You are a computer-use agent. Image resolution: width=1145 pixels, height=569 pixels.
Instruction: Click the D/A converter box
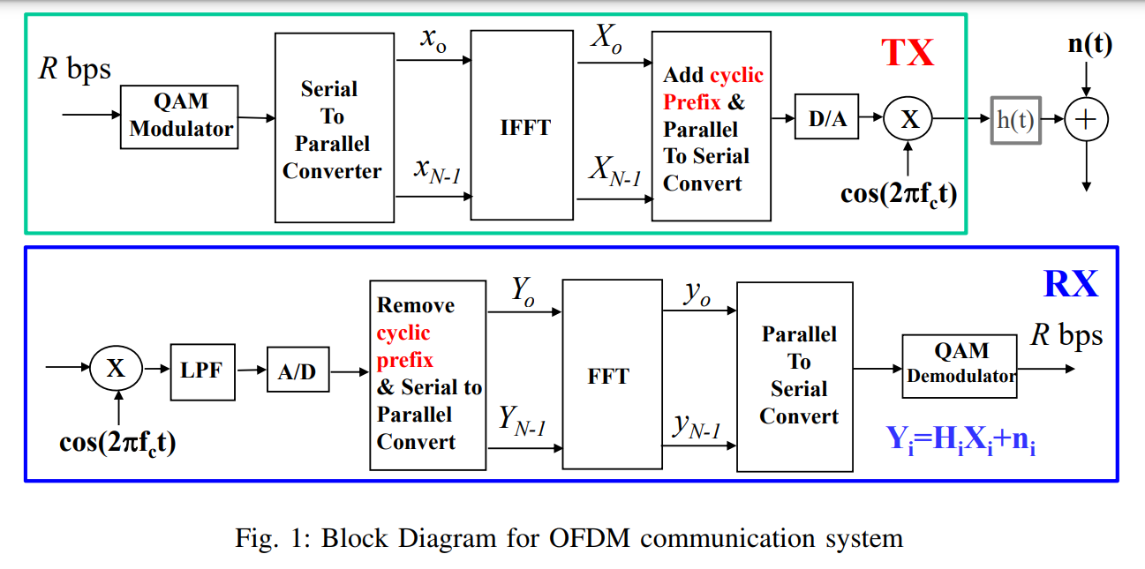[x=827, y=119]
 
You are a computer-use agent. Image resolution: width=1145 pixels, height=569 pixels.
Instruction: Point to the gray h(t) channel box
[x=1015, y=119]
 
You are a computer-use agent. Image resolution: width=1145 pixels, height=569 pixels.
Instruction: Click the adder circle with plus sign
[x=1086, y=120]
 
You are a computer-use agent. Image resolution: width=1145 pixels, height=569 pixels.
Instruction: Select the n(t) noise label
[x=1089, y=44]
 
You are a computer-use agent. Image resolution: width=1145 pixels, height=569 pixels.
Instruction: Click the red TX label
[x=908, y=54]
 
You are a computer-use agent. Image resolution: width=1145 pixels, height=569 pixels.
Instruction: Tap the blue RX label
[x=1071, y=284]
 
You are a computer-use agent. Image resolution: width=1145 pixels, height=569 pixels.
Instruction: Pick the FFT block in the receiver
[x=608, y=376]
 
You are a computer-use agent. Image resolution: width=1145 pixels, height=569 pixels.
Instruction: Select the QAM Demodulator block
[x=961, y=363]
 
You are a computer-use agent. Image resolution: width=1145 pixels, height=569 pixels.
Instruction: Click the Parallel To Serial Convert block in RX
[x=798, y=376]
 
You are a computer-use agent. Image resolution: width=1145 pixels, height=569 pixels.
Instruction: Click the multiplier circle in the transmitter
[x=909, y=119]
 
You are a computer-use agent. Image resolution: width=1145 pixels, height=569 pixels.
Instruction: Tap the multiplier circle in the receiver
[x=116, y=370]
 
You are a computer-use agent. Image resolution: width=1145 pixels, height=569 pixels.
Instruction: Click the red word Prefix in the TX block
[x=692, y=101]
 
